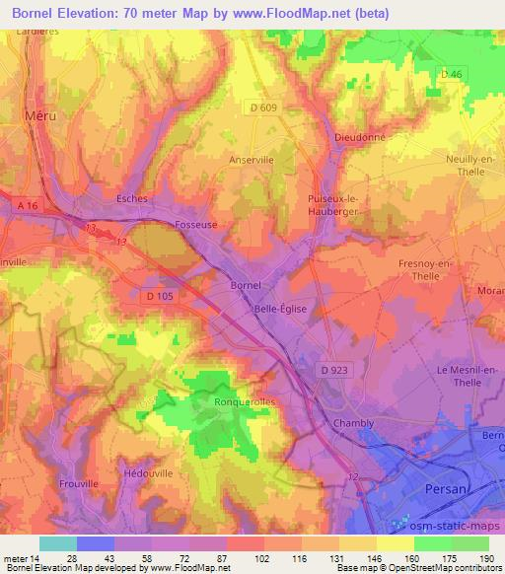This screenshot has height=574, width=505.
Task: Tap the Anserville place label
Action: pyautogui.click(x=251, y=158)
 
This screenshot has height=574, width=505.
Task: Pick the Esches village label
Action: pyautogui.click(x=131, y=198)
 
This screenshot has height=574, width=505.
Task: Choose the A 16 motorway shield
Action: pyautogui.click(x=30, y=204)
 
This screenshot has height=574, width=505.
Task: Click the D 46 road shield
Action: pyautogui.click(x=451, y=74)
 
